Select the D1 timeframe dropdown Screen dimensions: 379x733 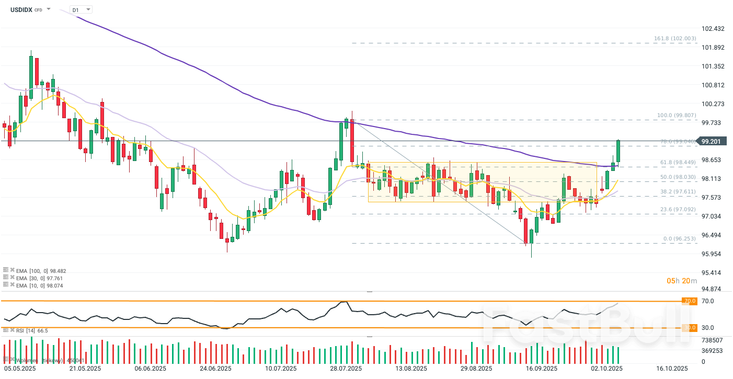pyautogui.click(x=81, y=9)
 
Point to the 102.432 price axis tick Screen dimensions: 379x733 pyautogui.click(x=714, y=28)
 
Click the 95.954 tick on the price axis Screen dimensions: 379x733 pyautogui.click(x=714, y=254)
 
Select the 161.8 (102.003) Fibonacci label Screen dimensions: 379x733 pyautogui.click(x=675, y=39)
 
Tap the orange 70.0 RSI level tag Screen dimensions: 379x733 pyautogui.click(x=690, y=301)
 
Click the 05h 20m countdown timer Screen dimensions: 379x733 pyautogui.click(x=681, y=281)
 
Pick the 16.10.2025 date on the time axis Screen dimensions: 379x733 pyautogui.click(x=672, y=369)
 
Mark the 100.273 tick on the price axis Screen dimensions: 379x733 pyautogui.click(x=714, y=104)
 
